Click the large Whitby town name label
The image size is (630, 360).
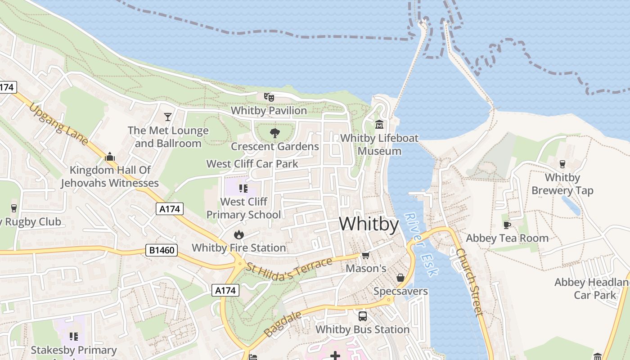[x=369, y=224]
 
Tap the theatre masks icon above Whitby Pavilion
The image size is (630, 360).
[x=269, y=97]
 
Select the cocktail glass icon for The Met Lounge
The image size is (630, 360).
[x=168, y=117]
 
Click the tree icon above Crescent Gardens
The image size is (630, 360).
[x=274, y=133]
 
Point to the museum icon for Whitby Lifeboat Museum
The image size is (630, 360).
[x=379, y=124]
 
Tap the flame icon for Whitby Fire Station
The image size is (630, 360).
[x=238, y=234]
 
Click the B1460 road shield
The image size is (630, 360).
[x=161, y=250]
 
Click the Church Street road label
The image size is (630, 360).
[x=470, y=282]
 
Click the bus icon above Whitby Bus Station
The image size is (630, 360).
[x=362, y=316]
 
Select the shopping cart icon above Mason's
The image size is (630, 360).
[x=365, y=256]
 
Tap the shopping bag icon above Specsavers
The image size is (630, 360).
[x=400, y=278]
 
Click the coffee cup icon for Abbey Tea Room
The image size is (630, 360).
[x=507, y=225]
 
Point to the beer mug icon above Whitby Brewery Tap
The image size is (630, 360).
[x=562, y=164]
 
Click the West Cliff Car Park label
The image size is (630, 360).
[x=252, y=164]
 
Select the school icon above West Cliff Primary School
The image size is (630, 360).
[x=243, y=188]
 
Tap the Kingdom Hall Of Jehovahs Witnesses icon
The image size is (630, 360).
[x=109, y=157]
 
